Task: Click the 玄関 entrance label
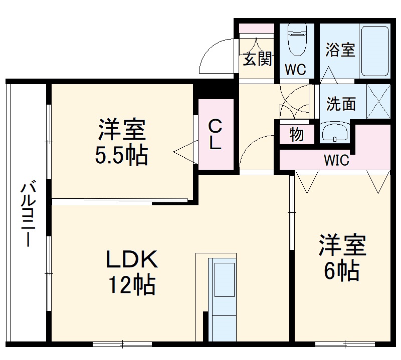(x=258, y=59)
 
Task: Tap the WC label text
(x=296, y=70)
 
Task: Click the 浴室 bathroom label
(x=340, y=50)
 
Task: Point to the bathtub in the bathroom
(x=374, y=50)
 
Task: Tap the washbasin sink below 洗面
(x=335, y=133)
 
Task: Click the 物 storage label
(x=296, y=134)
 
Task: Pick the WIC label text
(x=336, y=161)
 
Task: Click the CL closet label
(x=216, y=134)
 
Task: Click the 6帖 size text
(x=341, y=271)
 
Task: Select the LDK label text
(x=131, y=259)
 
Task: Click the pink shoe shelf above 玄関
(x=256, y=28)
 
